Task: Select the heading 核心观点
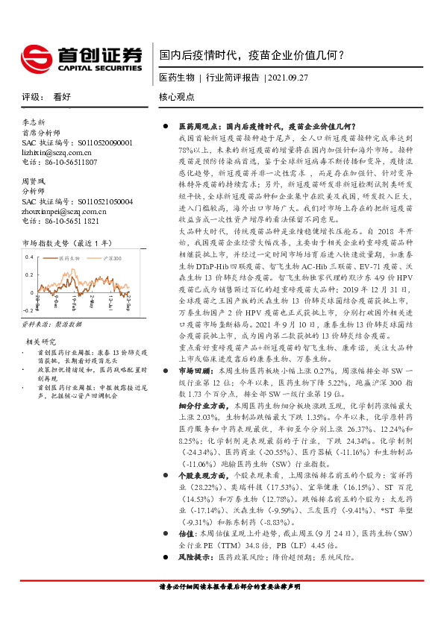177,97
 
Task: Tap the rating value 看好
61,97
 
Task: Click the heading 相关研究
39,341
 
